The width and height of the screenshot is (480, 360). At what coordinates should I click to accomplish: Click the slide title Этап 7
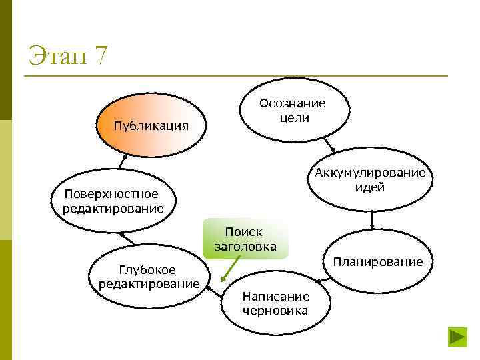[x=67, y=55]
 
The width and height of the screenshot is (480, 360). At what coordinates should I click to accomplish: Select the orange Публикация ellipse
[x=151, y=125]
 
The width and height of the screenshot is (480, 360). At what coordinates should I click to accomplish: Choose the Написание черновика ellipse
[x=275, y=303]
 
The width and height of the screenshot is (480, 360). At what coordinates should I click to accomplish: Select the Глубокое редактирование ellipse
[x=148, y=277]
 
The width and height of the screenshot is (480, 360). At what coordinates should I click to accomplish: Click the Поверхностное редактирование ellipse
[x=113, y=201]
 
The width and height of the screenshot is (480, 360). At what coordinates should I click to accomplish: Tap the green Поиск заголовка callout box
[x=245, y=239]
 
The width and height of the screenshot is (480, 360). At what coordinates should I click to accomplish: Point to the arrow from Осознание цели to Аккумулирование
[x=329, y=145]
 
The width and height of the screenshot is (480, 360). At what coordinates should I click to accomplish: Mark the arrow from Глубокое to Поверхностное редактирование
[x=127, y=238]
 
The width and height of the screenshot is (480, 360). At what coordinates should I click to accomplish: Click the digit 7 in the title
[x=100, y=55]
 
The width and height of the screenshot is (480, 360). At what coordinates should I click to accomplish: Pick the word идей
[x=371, y=187]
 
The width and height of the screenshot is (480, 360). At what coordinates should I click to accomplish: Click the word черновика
[x=275, y=311]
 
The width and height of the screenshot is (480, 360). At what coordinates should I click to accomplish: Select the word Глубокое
[x=147, y=269]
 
